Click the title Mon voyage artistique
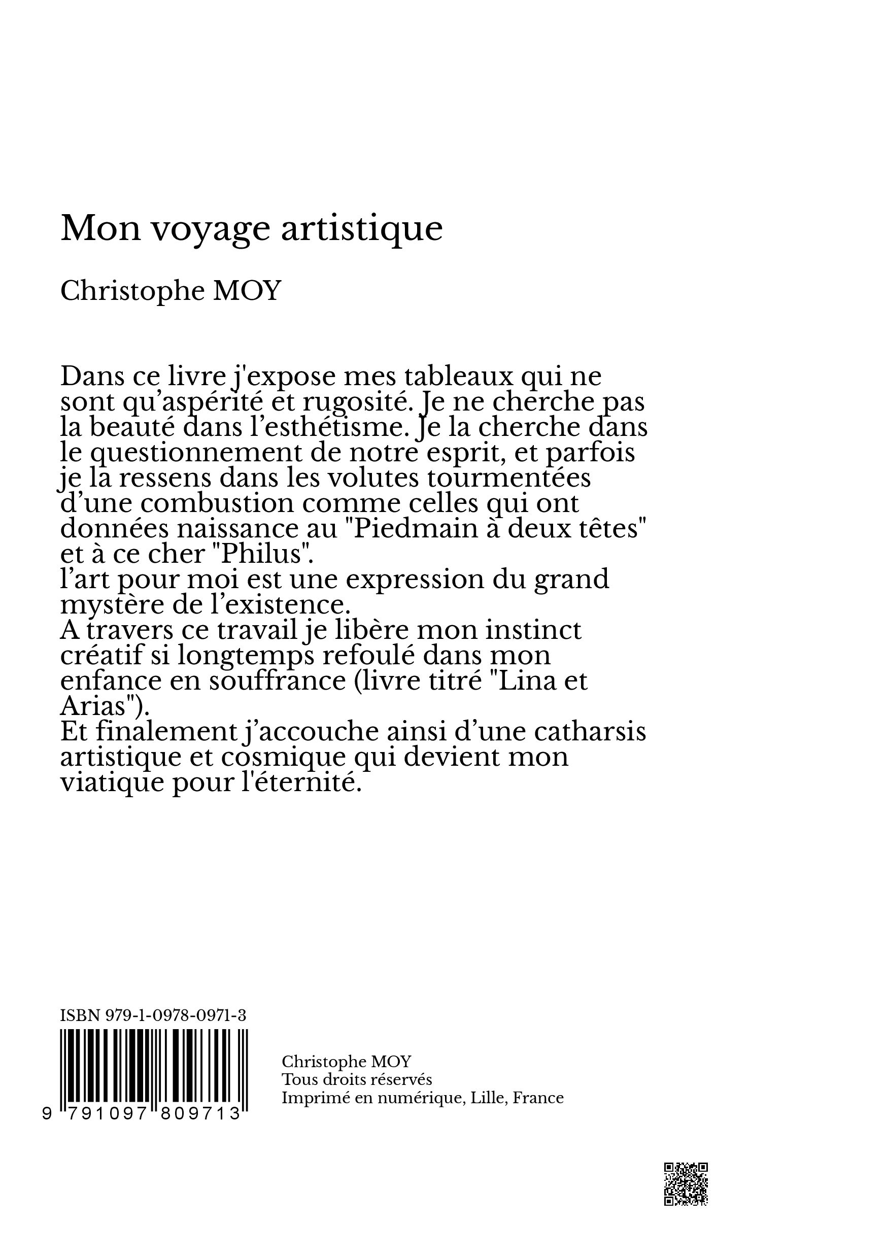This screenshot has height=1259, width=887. point(251,228)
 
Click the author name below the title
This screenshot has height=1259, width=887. point(170,291)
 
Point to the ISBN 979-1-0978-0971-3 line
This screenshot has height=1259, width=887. point(153,1015)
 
